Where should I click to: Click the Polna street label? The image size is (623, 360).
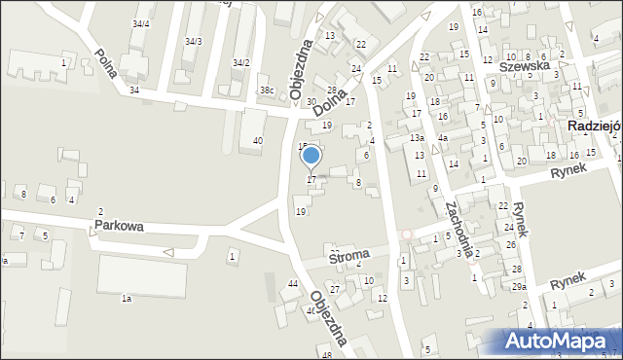110,65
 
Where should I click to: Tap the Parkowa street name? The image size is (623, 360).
119,226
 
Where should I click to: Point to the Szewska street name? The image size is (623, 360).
524,66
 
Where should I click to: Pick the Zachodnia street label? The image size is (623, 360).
458,226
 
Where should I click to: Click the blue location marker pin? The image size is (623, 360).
311,157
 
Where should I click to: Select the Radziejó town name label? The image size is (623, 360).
595,126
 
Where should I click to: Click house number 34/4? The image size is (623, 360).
141,23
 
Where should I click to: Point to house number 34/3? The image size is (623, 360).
193,41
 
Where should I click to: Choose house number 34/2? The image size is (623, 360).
240,62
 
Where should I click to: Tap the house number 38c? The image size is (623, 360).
266,91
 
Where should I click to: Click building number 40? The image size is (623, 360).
258,141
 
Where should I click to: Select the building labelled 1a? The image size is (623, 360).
126,299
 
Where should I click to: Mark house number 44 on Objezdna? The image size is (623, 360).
293,283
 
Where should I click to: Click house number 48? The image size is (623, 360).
327,355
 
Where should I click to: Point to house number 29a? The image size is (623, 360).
520,287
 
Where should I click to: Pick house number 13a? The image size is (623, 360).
416,139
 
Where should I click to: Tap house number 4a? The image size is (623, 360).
442,138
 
